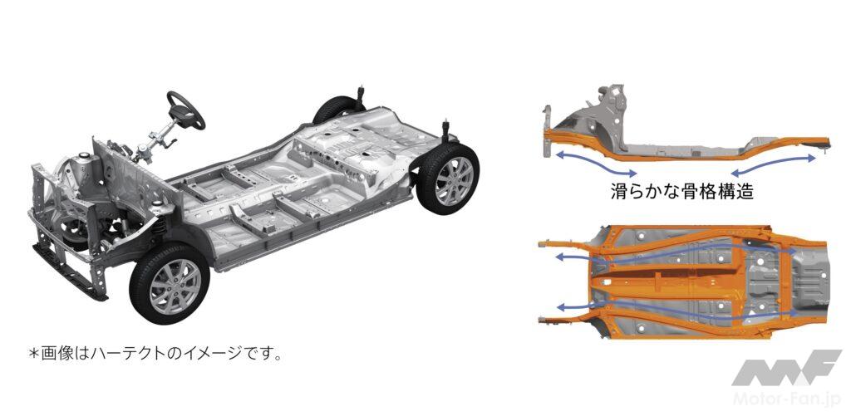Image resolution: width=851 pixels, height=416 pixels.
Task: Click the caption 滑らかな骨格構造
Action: (682, 191)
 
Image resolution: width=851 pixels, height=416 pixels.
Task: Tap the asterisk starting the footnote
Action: (33, 355)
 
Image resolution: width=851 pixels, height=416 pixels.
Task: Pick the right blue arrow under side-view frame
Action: (774, 165)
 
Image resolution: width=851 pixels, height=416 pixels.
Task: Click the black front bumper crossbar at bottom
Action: (69, 273)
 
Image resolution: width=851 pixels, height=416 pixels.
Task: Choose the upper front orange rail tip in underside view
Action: (544, 245)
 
